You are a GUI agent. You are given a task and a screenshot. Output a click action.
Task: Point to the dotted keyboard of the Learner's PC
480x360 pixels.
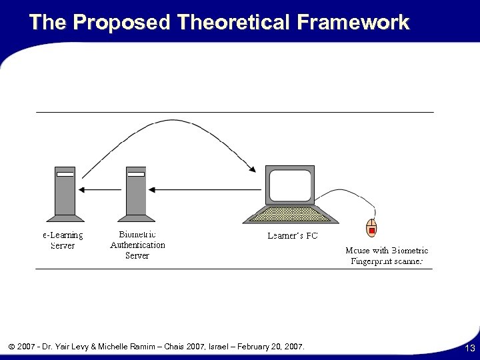tap(289, 214)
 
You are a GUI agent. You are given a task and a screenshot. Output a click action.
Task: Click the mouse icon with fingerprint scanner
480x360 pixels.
tap(371, 228)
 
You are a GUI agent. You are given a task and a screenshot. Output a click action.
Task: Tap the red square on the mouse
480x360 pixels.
tap(371, 231)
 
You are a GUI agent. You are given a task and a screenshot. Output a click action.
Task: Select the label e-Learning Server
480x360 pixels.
tap(63, 240)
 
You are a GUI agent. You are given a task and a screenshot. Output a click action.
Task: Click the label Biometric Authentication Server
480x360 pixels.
tap(137, 245)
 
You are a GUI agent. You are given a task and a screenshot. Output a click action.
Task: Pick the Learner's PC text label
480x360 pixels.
tap(293, 235)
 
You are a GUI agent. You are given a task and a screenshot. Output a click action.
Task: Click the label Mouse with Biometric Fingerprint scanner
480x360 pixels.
tap(387, 256)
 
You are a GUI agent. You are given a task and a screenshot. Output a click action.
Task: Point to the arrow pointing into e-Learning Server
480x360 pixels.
tap(100, 190)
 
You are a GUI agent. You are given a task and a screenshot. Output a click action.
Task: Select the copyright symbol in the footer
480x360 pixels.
tap(13, 347)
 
